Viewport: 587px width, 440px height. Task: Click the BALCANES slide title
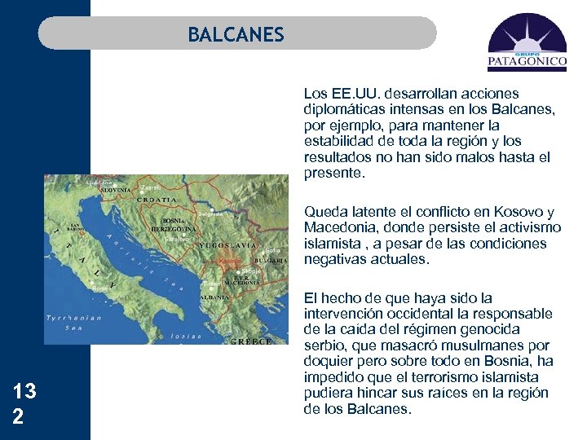click(x=236, y=35)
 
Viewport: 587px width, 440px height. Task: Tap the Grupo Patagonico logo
click(x=527, y=43)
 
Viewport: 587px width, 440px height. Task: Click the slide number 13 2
click(x=24, y=402)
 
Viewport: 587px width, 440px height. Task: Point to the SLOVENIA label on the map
click(x=114, y=190)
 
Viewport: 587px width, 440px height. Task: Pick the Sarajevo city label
click(x=178, y=240)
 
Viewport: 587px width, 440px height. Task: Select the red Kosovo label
click(x=229, y=262)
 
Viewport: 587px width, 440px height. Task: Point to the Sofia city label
click(x=274, y=251)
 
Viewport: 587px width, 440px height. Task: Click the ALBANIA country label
click(x=215, y=297)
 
